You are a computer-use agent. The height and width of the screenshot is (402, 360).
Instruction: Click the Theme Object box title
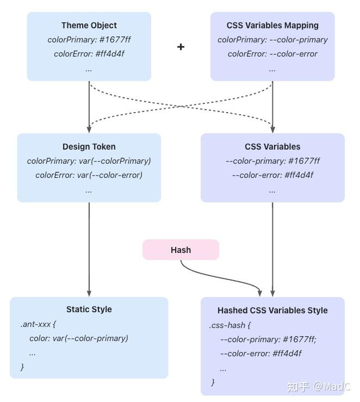click(89, 26)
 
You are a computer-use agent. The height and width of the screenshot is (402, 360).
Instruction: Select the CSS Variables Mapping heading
click(272, 26)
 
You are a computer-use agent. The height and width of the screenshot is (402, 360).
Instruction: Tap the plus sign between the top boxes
click(181, 47)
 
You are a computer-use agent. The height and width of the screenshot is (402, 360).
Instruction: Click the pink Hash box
click(181, 250)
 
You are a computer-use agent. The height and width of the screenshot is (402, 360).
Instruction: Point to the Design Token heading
click(89, 147)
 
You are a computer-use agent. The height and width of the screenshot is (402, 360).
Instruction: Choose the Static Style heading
click(89, 310)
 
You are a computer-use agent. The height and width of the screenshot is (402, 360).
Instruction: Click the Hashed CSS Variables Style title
click(272, 311)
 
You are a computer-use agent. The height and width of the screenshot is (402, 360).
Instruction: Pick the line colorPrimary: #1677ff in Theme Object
click(89, 40)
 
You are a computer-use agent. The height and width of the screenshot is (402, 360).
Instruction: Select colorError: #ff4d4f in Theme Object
click(89, 54)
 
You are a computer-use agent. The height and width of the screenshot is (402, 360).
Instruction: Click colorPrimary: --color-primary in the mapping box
click(272, 40)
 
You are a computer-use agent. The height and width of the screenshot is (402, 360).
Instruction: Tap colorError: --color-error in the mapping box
click(272, 54)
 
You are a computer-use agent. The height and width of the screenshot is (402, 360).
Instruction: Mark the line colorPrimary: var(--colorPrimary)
click(89, 161)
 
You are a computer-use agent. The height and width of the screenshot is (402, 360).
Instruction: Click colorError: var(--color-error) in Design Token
click(89, 175)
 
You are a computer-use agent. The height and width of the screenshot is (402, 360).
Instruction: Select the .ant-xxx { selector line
click(38, 324)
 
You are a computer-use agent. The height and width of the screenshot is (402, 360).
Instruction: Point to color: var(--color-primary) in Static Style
click(79, 338)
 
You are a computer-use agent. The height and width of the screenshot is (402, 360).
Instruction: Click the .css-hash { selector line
click(229, 325)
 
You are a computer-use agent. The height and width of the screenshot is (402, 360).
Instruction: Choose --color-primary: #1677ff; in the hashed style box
click(268, 339)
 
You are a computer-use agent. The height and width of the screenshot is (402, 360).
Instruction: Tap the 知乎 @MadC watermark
click(319, 387)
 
